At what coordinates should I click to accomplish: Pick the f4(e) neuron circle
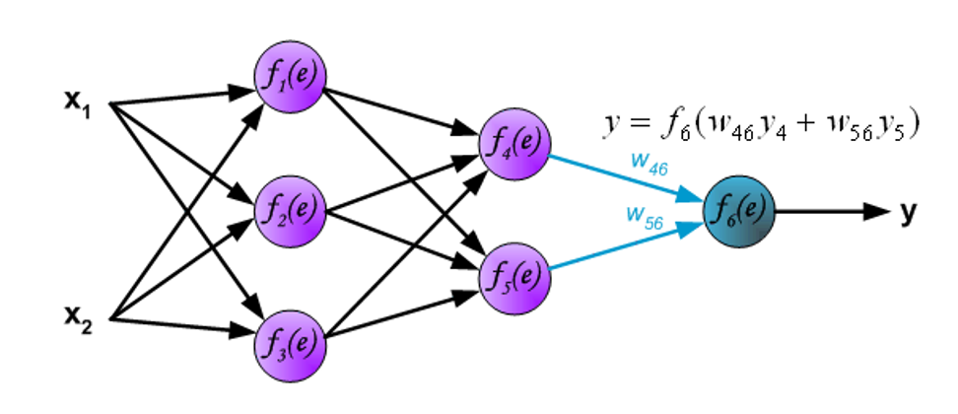[x=513, y=145]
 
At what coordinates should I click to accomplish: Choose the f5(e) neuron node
[x=513, y=277]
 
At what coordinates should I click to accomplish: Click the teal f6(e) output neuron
[x=738, y=211]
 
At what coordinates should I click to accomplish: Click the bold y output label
[x=909, y=212]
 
